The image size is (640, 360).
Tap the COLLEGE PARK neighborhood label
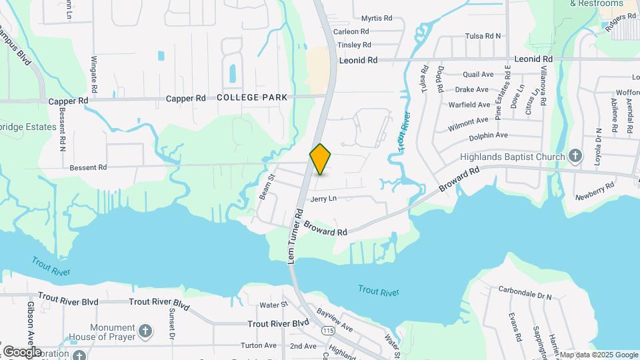click(x=252, y=97)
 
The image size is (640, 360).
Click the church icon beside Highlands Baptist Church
click(x=576, y=157)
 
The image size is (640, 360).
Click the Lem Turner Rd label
click(x=295, y=235)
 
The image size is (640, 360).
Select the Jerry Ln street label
click(x=324, y=199)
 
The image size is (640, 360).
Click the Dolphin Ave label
click(x=489, y=135)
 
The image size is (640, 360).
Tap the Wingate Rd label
click(x=94, y=74)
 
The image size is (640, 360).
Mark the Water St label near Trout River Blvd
click(x=273, y=305)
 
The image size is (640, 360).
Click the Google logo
click(x=22, y=351)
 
